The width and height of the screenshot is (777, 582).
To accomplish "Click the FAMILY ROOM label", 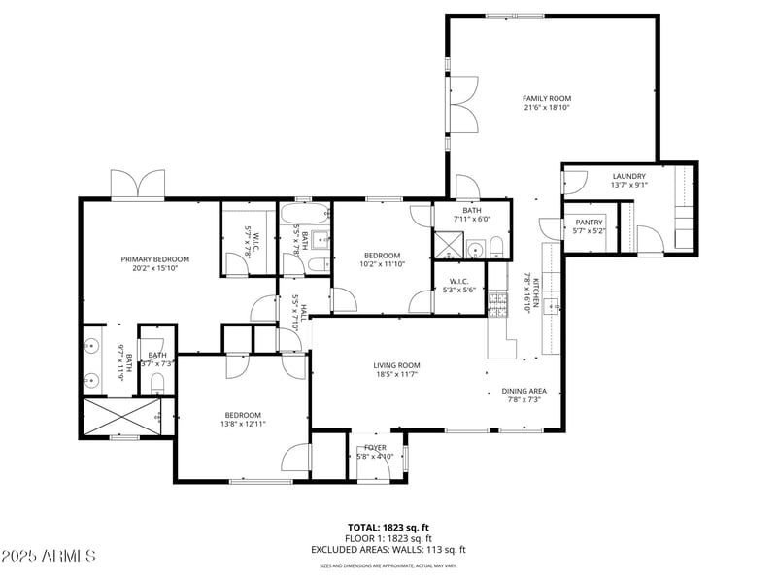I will [547, 98].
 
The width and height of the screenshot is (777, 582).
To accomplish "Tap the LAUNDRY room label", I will [628, 176].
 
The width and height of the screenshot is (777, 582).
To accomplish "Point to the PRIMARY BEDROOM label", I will [154, 259].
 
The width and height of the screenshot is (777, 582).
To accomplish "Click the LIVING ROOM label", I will [396, 365].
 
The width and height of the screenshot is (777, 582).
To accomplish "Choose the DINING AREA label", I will [524, 391].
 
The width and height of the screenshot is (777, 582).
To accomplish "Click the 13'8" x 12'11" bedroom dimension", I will [242, 424].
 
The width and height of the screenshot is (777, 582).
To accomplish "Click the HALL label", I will [303, 313].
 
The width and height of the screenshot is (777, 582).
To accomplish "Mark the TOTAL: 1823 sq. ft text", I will [388, 528].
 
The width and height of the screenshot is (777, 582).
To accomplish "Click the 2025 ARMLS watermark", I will [49, 556].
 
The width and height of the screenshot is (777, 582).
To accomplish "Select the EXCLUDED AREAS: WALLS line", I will [388, 549].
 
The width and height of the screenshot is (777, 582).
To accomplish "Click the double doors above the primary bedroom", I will [139, 185].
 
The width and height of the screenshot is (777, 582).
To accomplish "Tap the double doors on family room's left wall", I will [462, 104].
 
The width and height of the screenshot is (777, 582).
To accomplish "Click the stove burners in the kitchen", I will [497, 306].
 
